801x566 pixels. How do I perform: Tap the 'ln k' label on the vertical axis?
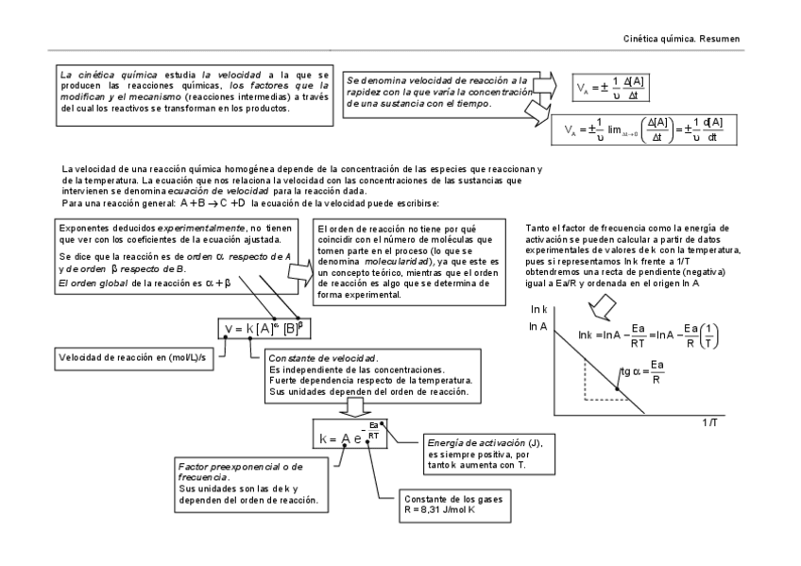(x=540, y=310)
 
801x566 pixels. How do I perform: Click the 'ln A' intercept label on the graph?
(x=538, y=327)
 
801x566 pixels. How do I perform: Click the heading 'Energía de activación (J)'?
(x=486, y=444)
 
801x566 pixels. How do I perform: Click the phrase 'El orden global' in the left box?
(x=89, y=281)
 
